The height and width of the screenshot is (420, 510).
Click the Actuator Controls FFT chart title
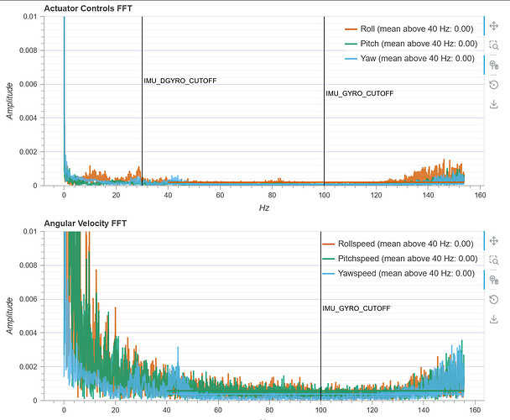tap(88, 8)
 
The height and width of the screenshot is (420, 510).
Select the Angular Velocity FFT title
tap(86, 223)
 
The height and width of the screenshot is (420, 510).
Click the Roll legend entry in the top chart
tap(409, 29)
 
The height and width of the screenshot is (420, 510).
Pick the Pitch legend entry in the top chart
tap(411, 44)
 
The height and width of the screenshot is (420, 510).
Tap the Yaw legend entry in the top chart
tap(409, 59)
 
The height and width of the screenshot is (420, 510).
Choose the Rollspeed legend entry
tap(398, 244)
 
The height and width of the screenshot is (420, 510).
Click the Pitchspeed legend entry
tap(400, 259)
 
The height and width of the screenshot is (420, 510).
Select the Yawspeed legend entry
tap(398, 273)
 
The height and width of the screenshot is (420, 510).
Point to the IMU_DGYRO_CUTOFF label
tap(180, 81)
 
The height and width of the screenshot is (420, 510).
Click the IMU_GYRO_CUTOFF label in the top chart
tap(360, 93)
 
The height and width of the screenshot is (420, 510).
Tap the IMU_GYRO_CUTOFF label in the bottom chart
tap(356, 308)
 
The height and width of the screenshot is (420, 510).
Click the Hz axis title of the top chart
tap(264, 207)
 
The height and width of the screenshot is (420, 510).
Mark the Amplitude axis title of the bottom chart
tap(10, 316)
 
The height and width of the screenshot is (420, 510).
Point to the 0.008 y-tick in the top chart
tap(29, 50)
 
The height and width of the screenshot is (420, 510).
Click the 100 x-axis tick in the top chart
tap(324, 195)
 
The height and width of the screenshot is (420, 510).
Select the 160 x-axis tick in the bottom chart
tap(475, 410)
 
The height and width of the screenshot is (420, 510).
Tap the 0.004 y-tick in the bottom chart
tap(29, 333)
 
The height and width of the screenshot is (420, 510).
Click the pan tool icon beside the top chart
tap(494, 26)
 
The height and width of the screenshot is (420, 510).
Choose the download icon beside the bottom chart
tap(494, 319)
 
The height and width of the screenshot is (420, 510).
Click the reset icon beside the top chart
tap(494, 85)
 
